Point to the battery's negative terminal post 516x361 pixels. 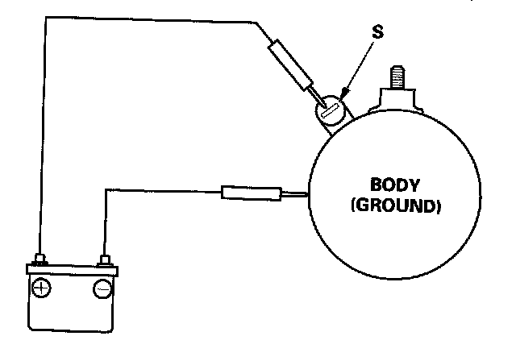coord(103,259)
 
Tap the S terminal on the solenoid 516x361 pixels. coord(329,110)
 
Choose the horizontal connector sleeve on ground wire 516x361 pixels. coord(249,193)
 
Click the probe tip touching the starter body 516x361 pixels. coord(296,193)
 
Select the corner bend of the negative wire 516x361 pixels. coord(106,190)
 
